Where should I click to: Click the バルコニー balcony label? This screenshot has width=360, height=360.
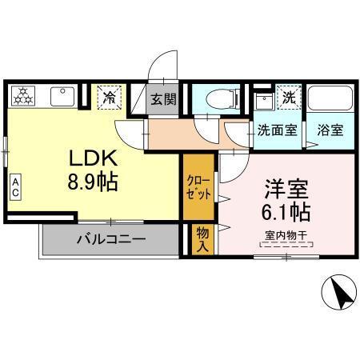[x=110, y=238]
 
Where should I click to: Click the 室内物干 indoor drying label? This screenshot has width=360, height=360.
[x=286, y=235]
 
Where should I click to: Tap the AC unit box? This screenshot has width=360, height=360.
[x=15, y=188]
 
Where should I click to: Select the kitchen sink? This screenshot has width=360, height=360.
[x=62, y=97]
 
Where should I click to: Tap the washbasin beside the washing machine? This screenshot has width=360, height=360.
[x=263, y=100]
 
